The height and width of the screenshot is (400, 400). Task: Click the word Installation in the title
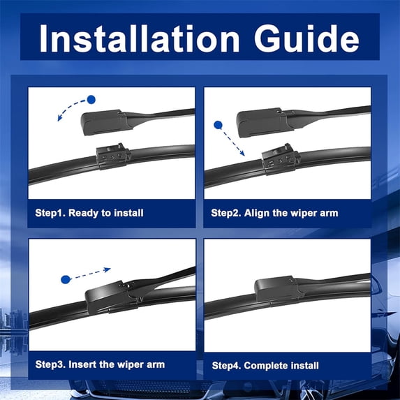coord(140,38)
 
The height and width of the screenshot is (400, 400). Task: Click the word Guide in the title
coord(306,38)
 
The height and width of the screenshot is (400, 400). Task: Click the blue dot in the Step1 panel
coord(91,100)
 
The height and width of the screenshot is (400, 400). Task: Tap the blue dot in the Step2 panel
coord(218,125)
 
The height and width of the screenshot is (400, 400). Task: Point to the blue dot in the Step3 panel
coord(66,280)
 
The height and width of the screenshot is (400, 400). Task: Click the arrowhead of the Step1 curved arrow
coord(60,118)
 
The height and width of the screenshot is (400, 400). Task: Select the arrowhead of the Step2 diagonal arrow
coord(242,153)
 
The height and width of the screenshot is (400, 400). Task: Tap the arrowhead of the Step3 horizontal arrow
coord(107,269)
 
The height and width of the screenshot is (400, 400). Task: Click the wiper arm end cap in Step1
coord(104,122)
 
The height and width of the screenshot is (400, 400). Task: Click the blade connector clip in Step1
coord(113,156)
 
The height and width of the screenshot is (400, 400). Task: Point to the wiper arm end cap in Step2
coord(262,123)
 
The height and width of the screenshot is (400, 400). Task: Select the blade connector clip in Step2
coord(281,159)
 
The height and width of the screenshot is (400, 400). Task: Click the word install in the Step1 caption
coord(128,214)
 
